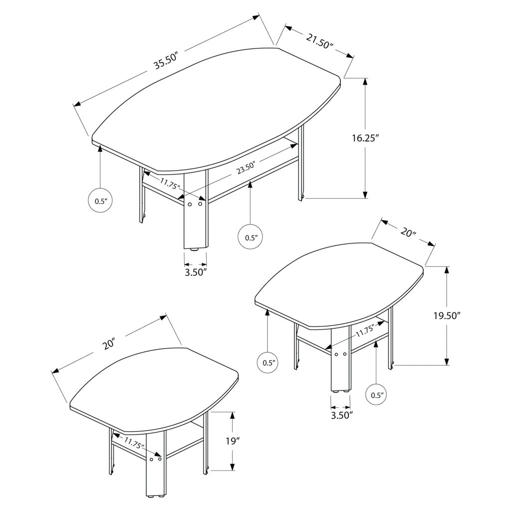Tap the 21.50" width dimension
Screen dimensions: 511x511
(319, 40)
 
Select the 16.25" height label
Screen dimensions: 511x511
(365, 138)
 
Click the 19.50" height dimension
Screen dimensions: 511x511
(447, 315)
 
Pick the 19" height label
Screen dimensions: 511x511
(233, 441)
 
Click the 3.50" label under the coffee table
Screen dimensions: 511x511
(196, 272)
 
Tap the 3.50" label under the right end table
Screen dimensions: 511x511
(341, 415)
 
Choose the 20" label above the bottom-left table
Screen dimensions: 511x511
(108, 344)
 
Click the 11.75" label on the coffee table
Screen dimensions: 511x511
(170, 184)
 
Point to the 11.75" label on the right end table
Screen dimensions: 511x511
(365, 331)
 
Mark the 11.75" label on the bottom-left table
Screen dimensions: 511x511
(134, 443)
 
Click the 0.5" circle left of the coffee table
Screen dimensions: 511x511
(101, 201)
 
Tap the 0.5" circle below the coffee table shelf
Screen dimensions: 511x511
(250, 237)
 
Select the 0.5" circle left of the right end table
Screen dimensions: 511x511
(269, 362)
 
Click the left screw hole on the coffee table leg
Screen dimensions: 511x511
(190, 204)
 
